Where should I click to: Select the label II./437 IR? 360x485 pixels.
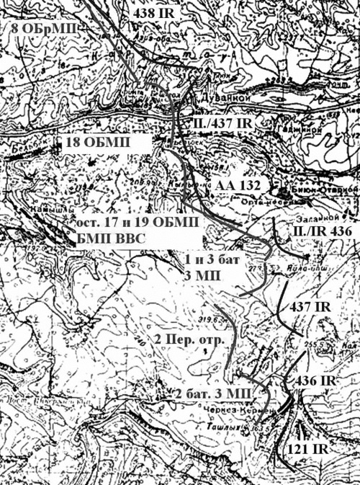(x=224, y=124)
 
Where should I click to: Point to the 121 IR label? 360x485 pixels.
(x=313, y=448)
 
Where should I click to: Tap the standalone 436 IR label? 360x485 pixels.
(x=315, y=379)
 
